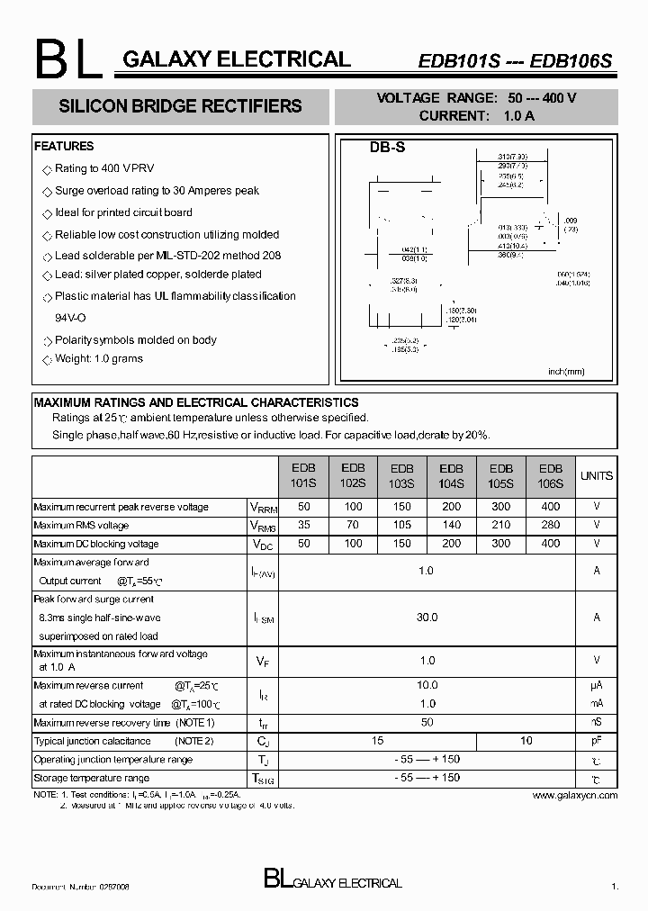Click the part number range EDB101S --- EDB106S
click(x=515, y=61)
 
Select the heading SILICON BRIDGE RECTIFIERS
click(x=180, y=106)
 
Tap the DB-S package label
click(x=387, y=148)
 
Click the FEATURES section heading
click(x=64, y=146)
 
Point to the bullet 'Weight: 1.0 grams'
click(x=99, y=358)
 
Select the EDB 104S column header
click(x=451, y=475)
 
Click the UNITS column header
click(x=596, y=475)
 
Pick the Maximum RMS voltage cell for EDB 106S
click(x=550, y=525)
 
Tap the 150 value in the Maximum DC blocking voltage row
click(x=402, y=544)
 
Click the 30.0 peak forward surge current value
click(x=427, y=618)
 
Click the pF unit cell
click(x=596, y=741)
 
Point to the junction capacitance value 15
click(x=377, y=741)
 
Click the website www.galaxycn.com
click(x=574, y=796)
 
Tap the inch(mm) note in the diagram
click(x=566, y=371)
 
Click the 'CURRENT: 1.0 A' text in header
click(x=477, y=115)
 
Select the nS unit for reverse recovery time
click(x=596, y=723)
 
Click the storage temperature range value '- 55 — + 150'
click(x=427, y=778)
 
